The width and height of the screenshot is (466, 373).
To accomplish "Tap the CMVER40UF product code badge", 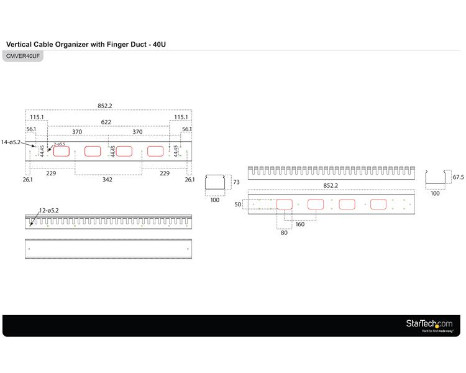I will (24, 56).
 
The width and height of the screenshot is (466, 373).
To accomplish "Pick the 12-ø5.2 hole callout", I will (48, 211).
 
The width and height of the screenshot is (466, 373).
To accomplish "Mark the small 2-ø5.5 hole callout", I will (60, 144).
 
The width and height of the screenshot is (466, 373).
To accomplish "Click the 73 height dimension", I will (236, 182).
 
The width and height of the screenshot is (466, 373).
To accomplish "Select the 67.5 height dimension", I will (459, 177).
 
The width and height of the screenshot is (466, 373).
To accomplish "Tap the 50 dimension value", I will (237, 204).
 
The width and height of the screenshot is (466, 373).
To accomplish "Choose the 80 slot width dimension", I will (284, 233).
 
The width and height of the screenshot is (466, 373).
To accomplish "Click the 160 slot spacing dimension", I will (300, 224).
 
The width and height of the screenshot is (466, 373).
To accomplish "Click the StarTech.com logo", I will (429, 323).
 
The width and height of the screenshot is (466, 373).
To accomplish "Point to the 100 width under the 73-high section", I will (215, 200).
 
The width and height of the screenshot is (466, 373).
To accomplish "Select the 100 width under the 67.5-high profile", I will (435, 193).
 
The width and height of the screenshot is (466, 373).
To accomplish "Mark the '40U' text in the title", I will (158, 45).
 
